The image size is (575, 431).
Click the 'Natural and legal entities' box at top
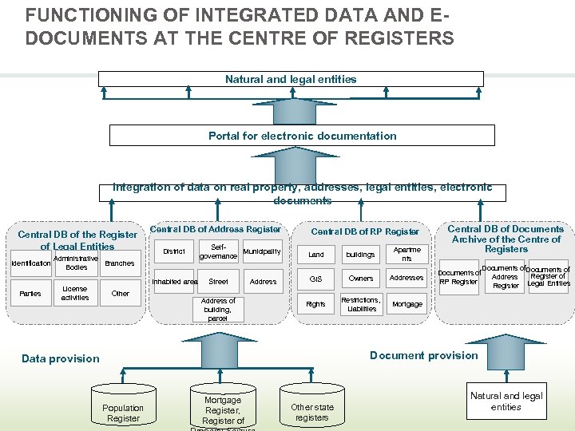point(291,79)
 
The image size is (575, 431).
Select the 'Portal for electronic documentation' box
point(302,136)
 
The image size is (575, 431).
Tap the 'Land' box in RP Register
point(316,255)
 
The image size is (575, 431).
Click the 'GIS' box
point(316,279)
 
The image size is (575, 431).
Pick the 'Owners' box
point(361,279)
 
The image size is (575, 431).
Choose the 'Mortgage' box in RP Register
point(407,304)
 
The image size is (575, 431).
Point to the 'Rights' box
point(316,304)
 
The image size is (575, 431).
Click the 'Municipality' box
point(263,251)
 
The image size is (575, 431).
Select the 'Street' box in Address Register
point(218,282)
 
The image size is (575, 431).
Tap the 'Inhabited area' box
point(174,282)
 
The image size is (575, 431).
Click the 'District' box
point(173,251)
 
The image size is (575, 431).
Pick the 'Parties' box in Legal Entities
point(30,294)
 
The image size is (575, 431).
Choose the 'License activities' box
point(75,293)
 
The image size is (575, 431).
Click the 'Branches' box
point(120,263)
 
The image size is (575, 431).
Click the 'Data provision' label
point(61,358)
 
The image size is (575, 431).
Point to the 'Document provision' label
point(423,355)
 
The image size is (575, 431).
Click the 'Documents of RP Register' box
point(459,277)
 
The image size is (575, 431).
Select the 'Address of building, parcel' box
point(218,310)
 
